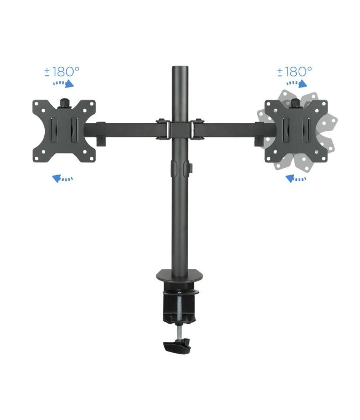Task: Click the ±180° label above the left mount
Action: point(62,72)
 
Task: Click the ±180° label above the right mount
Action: point(295,72)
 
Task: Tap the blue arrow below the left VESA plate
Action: point(62,178)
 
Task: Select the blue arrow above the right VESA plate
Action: point(297,84)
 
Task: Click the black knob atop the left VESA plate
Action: point(64,103)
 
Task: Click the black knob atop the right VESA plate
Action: point(295,103)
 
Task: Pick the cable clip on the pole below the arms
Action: point(180,168)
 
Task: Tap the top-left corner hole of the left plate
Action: point(36,104)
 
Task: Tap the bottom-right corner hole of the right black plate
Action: point(323,158)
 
